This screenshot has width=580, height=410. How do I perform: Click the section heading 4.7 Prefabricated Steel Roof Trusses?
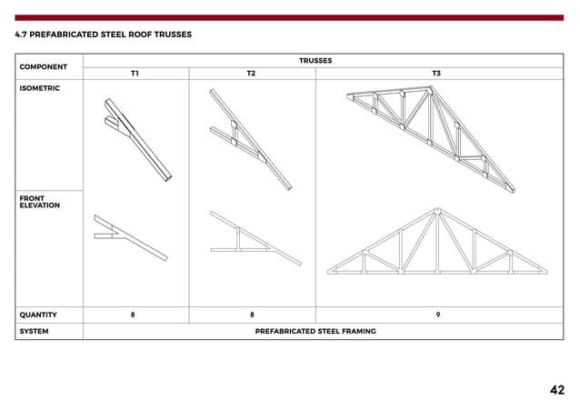103,35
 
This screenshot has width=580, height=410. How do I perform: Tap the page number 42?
556,390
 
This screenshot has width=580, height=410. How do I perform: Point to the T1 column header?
135,73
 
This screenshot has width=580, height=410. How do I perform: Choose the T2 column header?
252,73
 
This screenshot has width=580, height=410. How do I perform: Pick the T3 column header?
436,73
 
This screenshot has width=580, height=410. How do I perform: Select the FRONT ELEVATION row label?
39,201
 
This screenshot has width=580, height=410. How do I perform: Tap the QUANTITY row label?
38,315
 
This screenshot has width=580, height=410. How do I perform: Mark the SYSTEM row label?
34,332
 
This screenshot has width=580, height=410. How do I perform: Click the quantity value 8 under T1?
133,315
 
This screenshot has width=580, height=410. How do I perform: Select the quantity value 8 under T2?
252,315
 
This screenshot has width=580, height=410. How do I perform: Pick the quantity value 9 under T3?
438,315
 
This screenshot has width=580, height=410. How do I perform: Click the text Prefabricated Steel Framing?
315,332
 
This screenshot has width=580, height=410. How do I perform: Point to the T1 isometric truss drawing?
134,136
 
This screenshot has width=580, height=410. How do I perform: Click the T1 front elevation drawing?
130,237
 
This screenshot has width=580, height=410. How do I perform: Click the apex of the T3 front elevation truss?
438,211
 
